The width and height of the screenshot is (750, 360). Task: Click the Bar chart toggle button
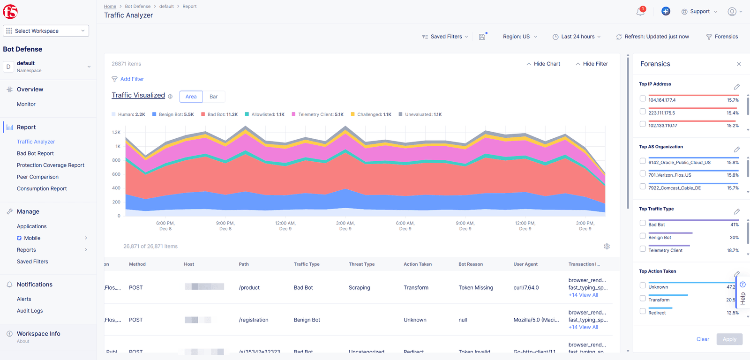tap(213, 97)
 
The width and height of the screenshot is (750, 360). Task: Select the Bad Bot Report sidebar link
tap(35, 153)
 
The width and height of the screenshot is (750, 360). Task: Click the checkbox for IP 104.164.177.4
tap(643, 99)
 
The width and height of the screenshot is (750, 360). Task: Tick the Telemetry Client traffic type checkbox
tap(643, 249)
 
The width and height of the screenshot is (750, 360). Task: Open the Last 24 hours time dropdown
tap(577, 37)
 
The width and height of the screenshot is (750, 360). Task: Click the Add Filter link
tap(132, 79)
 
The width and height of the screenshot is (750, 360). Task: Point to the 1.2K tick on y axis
tap(116, 132)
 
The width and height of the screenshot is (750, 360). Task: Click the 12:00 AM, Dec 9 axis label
tap(285, 226)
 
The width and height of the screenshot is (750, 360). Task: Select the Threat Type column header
tap(361, 264)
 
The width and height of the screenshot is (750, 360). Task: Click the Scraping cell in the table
tap(359, 288)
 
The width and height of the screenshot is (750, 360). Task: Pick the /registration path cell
tap(254, 320)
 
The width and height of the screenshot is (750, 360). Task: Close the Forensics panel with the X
tap(739, 64)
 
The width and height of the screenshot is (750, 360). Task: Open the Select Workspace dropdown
tap(46, 31)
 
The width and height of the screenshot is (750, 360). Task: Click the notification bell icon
tap(640, 12)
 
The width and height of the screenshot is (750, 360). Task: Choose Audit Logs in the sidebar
tap(30, 311)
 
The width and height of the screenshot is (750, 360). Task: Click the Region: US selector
tap(520, 37)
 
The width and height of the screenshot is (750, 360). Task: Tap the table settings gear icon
tap(607, 247)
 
